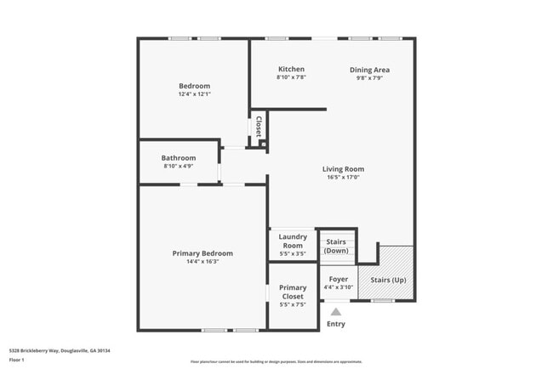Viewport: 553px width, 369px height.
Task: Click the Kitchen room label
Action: pos(291,69)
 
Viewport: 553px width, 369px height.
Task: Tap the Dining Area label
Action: pos(369,69)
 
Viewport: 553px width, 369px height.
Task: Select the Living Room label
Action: pos(343,169)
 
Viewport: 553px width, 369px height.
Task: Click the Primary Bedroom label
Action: pos(202,253)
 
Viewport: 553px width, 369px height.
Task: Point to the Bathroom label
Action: pos(179,157)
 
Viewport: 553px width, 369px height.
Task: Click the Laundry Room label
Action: pos(293,241)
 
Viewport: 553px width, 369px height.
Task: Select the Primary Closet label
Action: pos(293,292)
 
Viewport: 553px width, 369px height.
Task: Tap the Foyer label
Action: pos(339,279)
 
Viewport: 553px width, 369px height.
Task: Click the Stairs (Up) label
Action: pos(387,279)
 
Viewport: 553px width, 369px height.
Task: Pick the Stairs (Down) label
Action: pos(336,246)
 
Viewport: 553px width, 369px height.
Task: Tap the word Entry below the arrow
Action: pos(336,324)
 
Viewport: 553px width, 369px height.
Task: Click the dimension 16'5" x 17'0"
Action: pos(343,178)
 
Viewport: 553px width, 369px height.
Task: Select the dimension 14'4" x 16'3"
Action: pos(202,262)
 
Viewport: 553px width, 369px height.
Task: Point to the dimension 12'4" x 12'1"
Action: pos(194,94)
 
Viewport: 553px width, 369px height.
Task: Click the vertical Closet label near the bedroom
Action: pos(258,126)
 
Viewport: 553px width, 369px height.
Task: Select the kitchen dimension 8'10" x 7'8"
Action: pos(291,77)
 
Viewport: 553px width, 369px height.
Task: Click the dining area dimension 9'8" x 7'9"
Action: pos(369,77)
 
